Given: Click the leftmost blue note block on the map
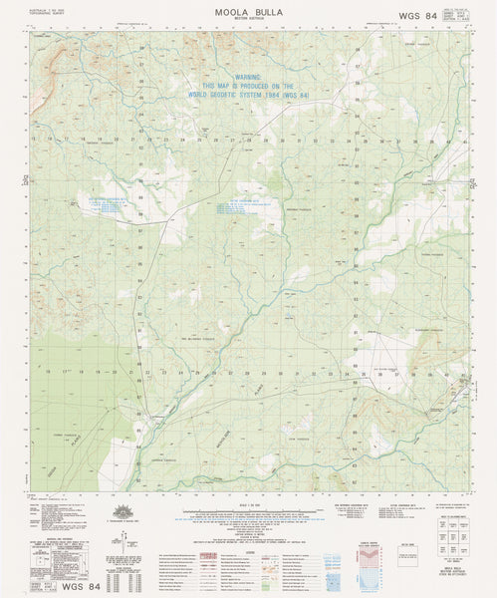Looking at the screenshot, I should coord(106,203).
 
